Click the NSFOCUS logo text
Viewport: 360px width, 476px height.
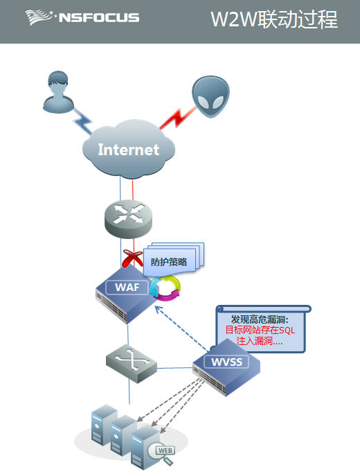[x=99, y=17]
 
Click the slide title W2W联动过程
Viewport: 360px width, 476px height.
[x=274, y=19]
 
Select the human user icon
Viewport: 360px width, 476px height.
[x=58, y=92]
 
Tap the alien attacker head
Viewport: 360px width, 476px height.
[x=210, y=96]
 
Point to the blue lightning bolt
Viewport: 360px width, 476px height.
[x=82, y=121]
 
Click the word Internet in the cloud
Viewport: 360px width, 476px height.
[x=129, y=150]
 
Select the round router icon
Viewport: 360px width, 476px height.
[x=128, y=219]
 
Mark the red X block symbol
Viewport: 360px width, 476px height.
[x=132, y=258]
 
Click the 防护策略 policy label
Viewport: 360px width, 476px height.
[x=169, y=262]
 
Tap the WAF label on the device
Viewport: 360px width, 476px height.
[x=127, y=287]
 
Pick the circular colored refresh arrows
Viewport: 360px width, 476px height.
[x=165, y=288]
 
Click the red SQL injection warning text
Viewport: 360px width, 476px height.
[x=260, y=335]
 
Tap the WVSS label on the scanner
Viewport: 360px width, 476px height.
[x=226, y=362]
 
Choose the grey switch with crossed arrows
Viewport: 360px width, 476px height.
[x=132, y=364]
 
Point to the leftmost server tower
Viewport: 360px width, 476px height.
[x=104, y=425]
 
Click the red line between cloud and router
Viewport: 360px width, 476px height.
[x=133, y=190]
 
